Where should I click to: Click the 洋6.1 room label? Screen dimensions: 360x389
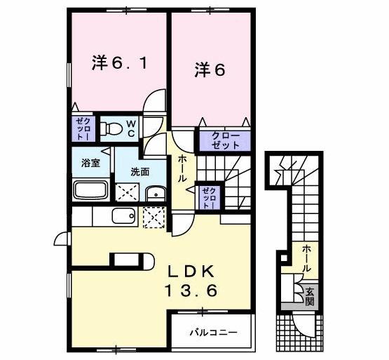point(118,63)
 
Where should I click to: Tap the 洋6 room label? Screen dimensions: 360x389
point(210,69)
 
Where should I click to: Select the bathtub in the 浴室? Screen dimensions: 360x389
point(89,191)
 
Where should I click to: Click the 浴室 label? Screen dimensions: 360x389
point(90,164)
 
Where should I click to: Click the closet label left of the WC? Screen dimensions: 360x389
point(80,129)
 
